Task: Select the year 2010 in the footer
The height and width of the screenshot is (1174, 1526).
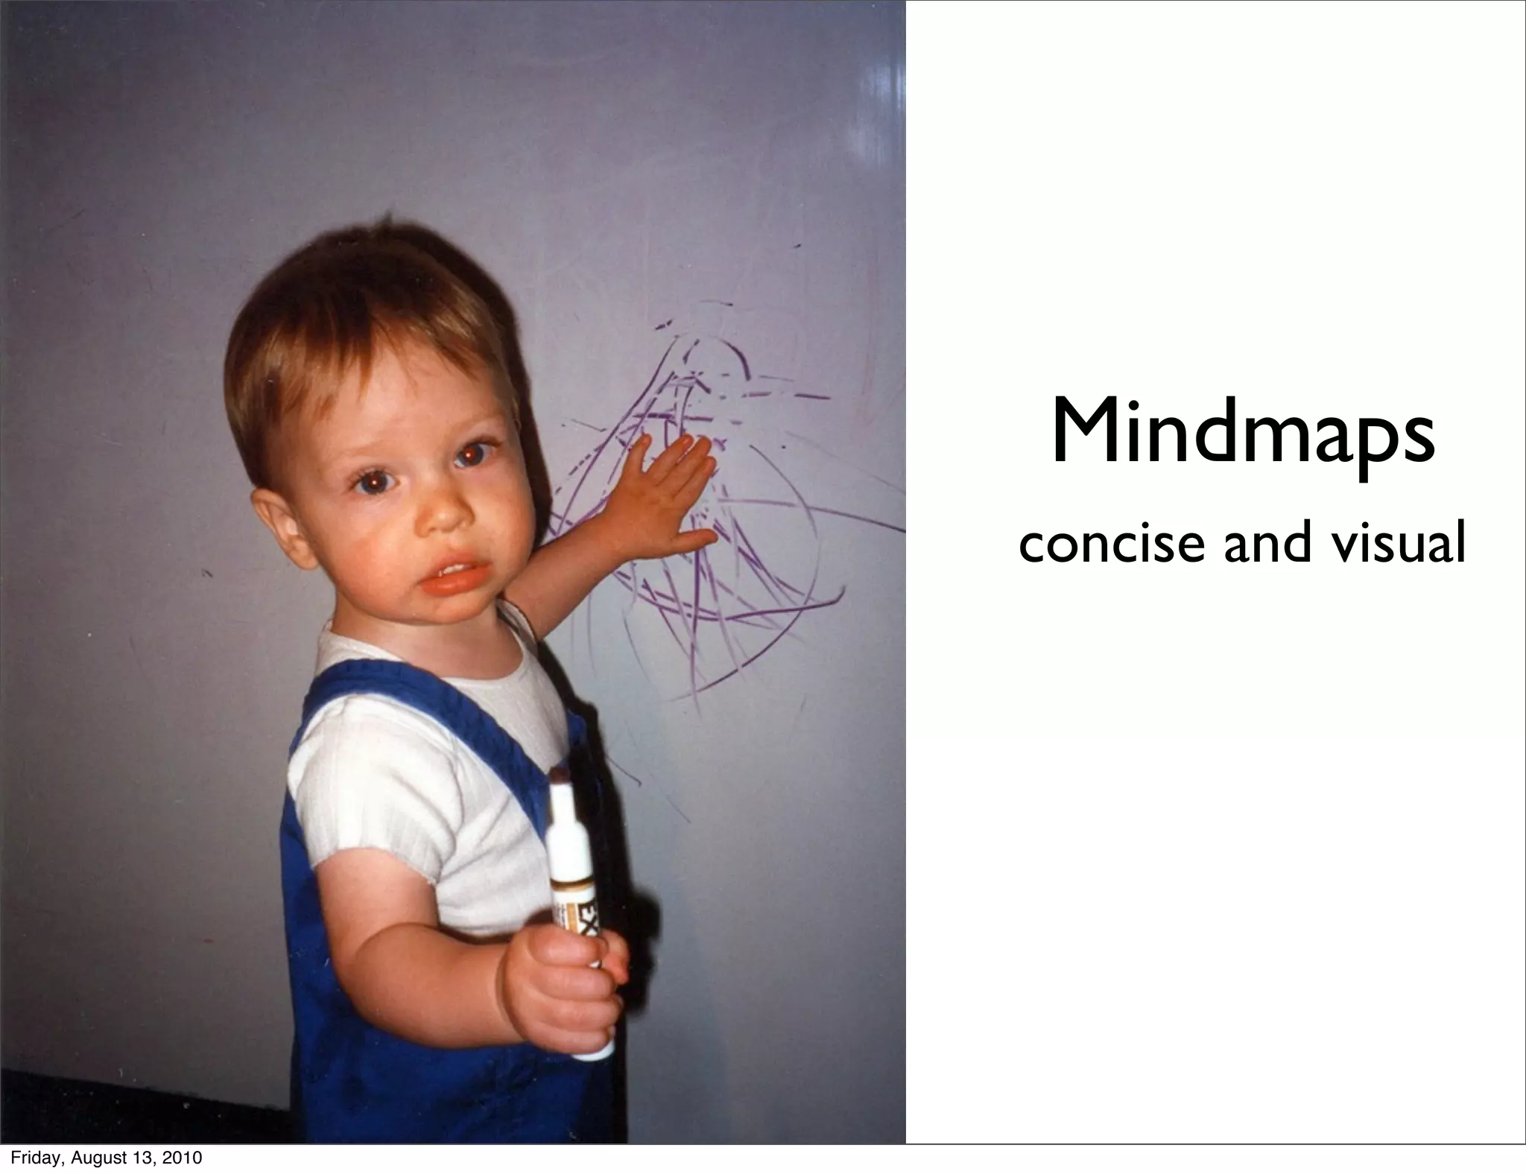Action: click(x=183, y=1158)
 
